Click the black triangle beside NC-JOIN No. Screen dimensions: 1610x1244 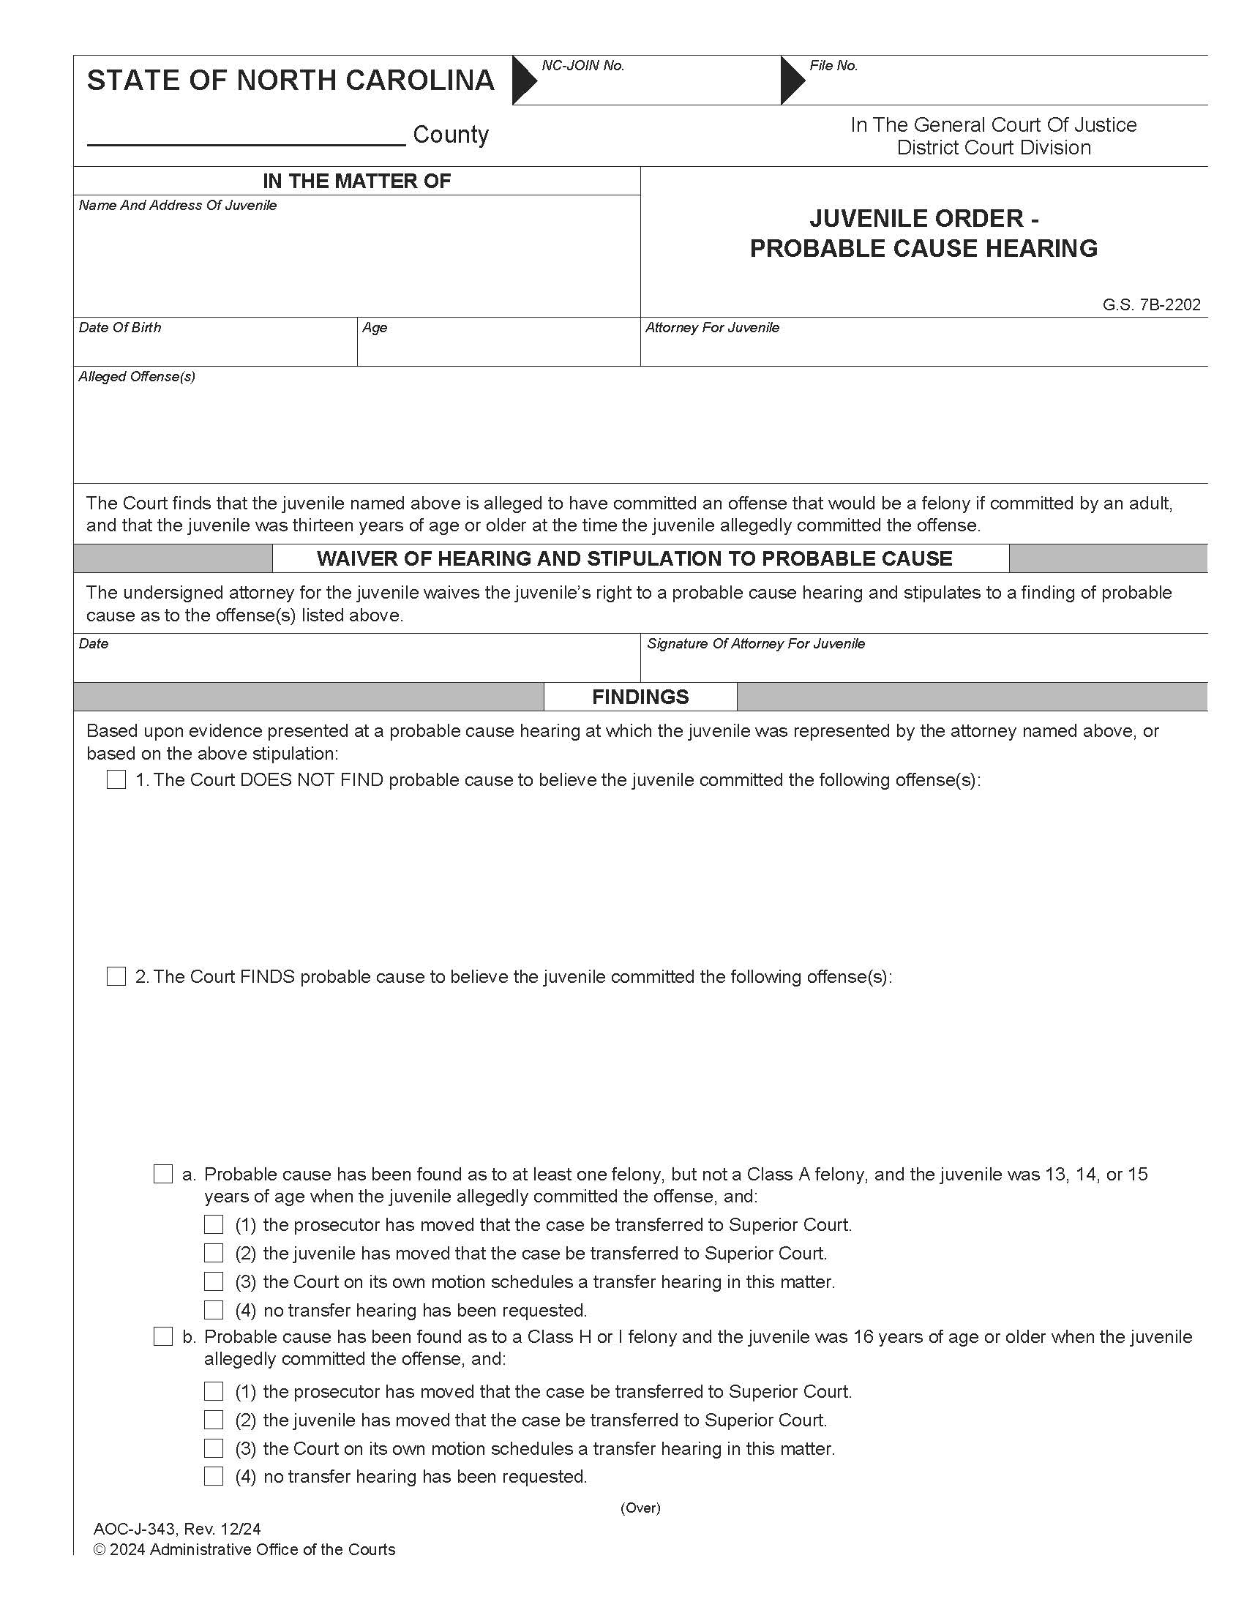click(x=524, y=80)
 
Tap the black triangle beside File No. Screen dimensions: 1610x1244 click(x=793, y=80)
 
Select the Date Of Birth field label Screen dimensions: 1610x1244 click(x=119, y=327)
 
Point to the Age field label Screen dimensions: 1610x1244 click(x=375, y=327)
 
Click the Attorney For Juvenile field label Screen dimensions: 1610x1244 click(x=712, y=327)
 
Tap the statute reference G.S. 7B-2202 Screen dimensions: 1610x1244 click(x=1151, y=304)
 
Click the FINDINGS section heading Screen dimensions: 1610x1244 click(x=640, y=697)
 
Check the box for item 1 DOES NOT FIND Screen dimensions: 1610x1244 click(x=116, y=779)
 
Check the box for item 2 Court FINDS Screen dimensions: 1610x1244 click(x=116, y=976)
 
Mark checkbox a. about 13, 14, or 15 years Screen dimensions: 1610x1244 click(x=163, y=1174)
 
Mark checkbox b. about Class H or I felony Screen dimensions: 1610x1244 click(x=163, y=1336)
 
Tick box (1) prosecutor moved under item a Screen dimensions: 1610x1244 click(x=214, y=1224)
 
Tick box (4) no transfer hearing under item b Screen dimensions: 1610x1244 click(x=214, y=1476)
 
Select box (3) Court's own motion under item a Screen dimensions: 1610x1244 click(x=214, y=1281)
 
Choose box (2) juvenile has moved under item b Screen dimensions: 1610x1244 click(x=214, y=1419)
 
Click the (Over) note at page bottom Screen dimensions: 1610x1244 click(x=640, y=1508)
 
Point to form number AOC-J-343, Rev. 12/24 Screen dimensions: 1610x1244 click(x=177, y=1528)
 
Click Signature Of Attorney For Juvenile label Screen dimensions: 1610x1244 click(x=755, y=643)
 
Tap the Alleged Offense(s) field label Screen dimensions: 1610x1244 click(x=136, y=377)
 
